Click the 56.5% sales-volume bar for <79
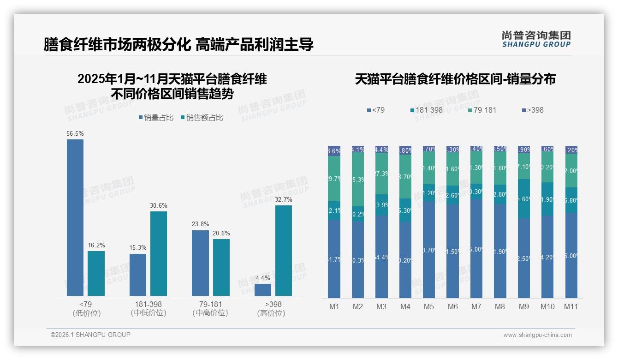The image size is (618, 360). click(75, 217)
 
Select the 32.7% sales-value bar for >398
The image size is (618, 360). click(284, 250)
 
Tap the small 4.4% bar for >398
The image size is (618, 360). click(263, 289)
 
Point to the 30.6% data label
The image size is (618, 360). click(159, 205)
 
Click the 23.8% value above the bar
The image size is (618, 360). click(200, 224)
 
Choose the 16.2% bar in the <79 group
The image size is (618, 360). click(96, 273)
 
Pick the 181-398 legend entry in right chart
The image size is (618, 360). click(426, 110)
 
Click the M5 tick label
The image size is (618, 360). click(429, 306)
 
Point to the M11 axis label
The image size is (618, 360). click(571, 306)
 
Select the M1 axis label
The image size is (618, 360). click(334, 306)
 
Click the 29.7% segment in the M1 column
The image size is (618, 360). click(334, 179)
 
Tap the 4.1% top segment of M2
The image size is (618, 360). click(358, 149)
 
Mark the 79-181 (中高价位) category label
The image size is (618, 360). click(210, 308)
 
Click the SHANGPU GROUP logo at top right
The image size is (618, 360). click(536, 39)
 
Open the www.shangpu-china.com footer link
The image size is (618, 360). click(537, 335)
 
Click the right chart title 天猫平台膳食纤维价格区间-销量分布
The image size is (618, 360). click(455, 79)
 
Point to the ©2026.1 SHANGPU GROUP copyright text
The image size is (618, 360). click(90, 335)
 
